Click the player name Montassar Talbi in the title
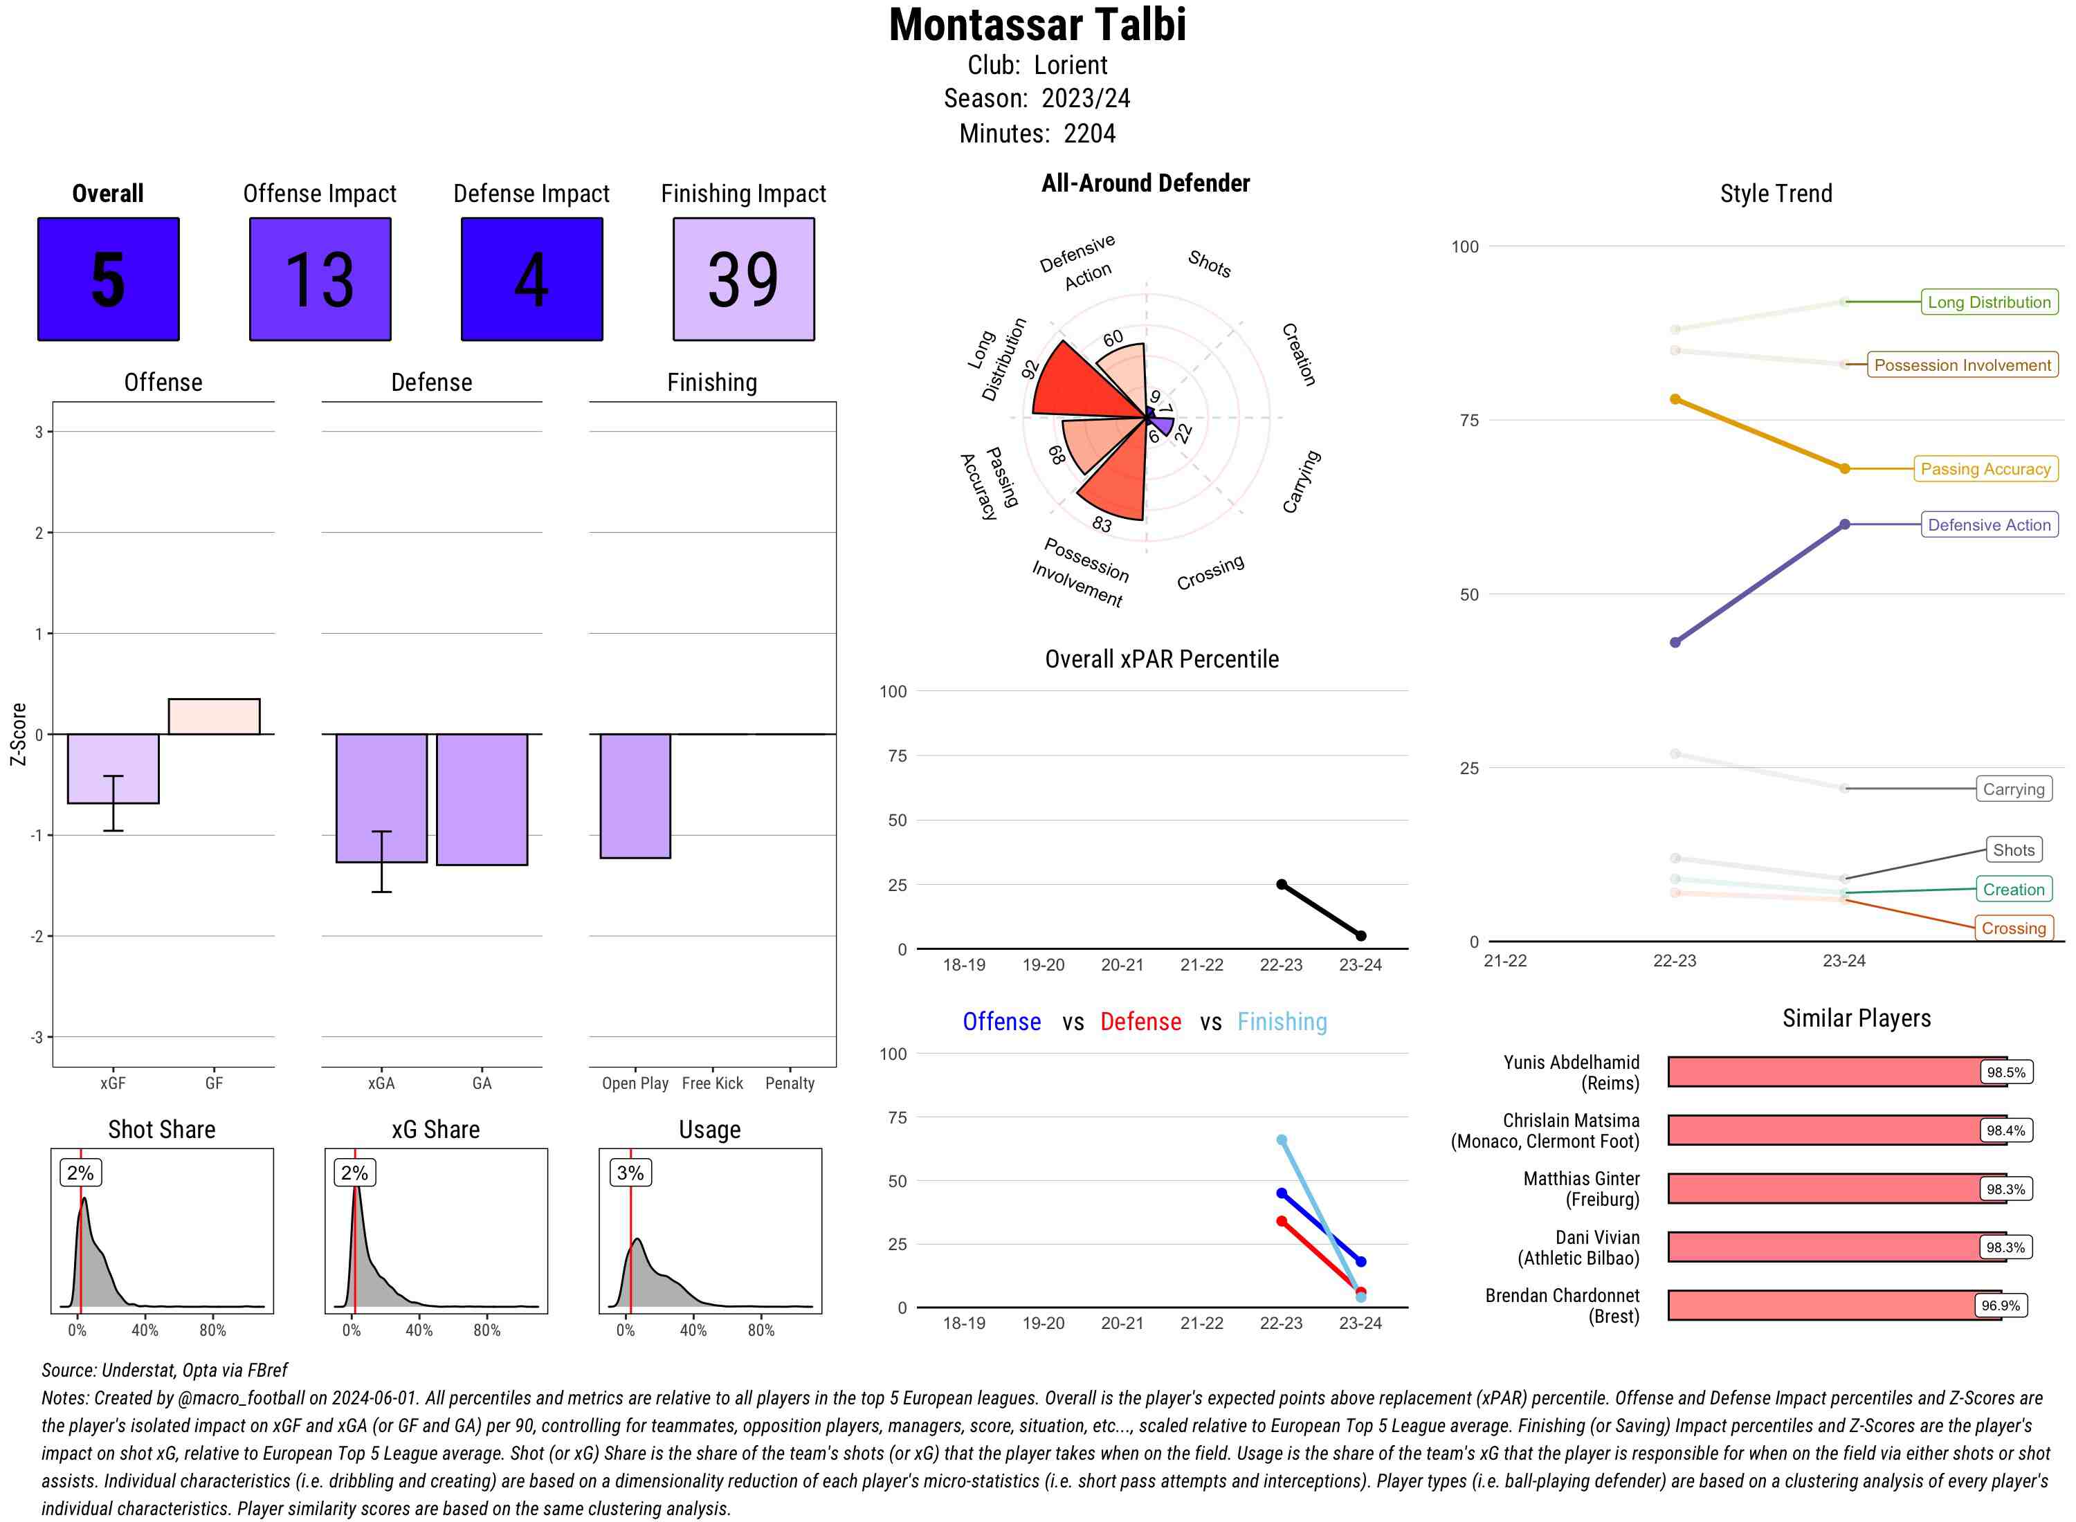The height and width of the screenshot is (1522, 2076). (1037, 25)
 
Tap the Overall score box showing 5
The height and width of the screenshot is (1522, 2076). (108, 279)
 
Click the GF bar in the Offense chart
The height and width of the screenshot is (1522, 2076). (214, 717)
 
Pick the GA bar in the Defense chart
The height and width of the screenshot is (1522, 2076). (482, 799)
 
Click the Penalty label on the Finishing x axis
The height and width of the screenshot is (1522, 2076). (790, 1083)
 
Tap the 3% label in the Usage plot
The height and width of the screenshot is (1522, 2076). (630, 1173)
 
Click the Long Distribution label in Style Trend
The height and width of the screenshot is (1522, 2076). (1989, 302)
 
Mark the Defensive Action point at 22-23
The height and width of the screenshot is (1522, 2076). (1675, 642)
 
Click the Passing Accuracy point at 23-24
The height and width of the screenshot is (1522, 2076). (1845, 469)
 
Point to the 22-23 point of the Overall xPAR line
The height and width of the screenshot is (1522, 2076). (1282, 884)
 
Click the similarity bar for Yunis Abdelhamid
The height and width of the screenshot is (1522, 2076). (1824, 1072)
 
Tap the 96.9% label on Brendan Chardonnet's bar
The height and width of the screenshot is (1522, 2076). (2001, 1305)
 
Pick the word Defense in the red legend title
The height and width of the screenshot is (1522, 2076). (1140, 1022)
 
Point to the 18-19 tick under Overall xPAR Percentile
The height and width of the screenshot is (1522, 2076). (964, 964)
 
